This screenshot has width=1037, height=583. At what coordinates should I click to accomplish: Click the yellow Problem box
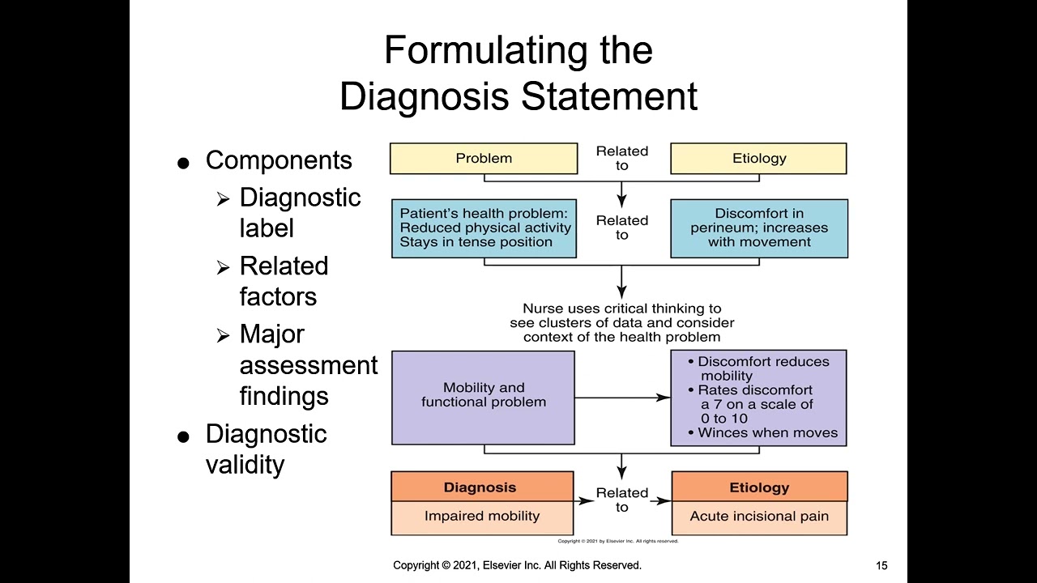484,159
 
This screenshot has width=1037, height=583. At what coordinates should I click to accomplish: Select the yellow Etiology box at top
758,159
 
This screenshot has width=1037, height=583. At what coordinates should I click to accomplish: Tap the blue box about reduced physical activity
484,228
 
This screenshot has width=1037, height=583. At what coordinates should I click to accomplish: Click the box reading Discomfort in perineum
759,228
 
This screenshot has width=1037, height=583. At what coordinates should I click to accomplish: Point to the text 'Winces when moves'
766,432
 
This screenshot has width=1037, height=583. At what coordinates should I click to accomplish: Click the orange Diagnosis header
480,487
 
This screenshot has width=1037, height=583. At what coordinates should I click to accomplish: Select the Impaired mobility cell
481,517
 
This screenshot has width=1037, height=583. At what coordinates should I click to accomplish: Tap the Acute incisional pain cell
759,517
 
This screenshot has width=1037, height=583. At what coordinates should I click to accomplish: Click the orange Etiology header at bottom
759,487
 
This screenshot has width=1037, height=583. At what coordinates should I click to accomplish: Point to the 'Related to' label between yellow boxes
622,158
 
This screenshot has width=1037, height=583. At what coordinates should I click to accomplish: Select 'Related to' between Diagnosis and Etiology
622,500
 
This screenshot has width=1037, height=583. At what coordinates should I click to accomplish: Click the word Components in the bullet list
279,160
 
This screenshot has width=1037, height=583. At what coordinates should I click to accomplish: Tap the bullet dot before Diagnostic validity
183,437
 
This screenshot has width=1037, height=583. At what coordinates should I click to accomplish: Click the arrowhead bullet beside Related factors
223,268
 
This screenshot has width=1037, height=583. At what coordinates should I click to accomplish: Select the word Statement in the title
608,96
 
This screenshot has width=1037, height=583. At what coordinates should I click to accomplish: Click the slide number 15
881,566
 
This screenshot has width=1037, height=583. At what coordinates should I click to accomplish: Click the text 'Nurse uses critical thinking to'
621,309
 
